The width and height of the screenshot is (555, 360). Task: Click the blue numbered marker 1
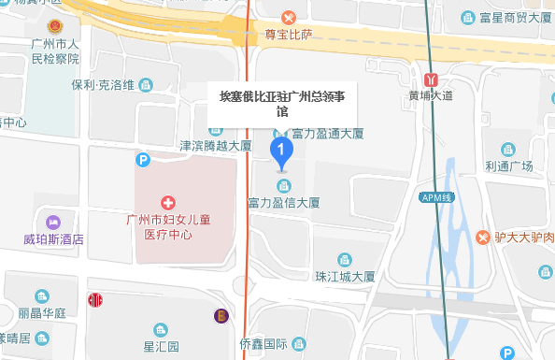pyautogui.click(x=281, y=151)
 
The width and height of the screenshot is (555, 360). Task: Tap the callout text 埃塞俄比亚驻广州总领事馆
pyautogui.click(x=281, y=103)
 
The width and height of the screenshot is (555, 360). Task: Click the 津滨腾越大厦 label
pyautogui.click(x=216, y=146)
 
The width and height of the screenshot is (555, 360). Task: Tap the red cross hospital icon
pyautogui.click(x=168, y=202)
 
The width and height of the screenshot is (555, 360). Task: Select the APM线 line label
pyautogui.click(x=434, y=197)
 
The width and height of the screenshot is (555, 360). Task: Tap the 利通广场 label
pyautogui.click(x=508, y=166)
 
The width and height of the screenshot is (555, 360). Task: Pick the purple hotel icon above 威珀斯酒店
pyautogui.click(x=53, y=223)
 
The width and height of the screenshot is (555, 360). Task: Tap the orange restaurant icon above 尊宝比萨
pyautogui.click(x=289, y=17)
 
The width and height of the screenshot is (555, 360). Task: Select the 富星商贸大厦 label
pyautogui.click(x=515, y=17)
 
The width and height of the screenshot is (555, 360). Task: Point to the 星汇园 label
pyautogui.click(x=161, y=346)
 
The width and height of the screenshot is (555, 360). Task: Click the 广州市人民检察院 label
pyautogui.click(x=52, y=51)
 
